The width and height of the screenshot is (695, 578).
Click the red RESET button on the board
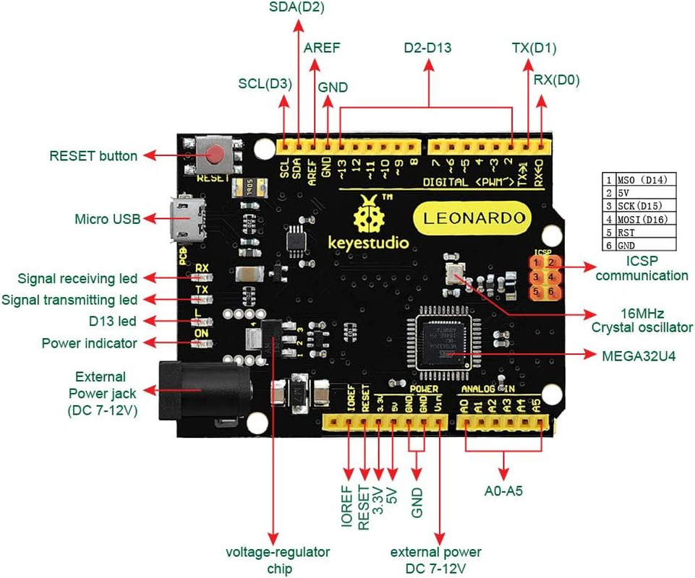coord(215,154)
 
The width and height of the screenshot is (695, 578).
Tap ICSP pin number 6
coord(550,292)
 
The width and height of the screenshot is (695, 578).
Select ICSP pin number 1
coord(536,262)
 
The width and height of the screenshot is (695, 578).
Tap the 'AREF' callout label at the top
coord(321,48)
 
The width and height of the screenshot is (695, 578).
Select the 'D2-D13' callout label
coord(427,48)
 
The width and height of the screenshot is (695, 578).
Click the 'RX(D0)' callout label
coord(556,80)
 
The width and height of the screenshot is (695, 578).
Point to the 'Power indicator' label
coord(89,343)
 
